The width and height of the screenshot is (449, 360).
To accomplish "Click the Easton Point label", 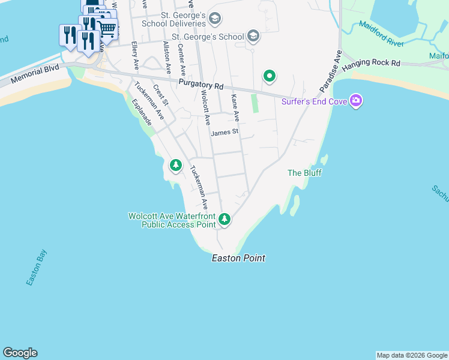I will pyautogui.click(x=238, y=259).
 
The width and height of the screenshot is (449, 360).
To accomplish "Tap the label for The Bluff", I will pyautogui.click(x=304, y=173).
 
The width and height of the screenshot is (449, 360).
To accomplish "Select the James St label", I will pyautogui.click(x=225, y=131).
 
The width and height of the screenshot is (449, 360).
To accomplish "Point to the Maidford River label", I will pyautogui.click(x=381, y=33).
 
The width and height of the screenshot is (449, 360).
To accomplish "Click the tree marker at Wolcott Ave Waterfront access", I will pyautogui.click(x=224, y=219).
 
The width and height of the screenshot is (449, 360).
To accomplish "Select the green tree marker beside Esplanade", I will pyautogui.click(x=175, y=164).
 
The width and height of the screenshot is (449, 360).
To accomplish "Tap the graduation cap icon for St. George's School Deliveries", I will pyautogui.click(x=215, y=19).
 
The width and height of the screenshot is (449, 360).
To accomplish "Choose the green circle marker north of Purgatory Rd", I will pyautogui.click(x=270, y=76).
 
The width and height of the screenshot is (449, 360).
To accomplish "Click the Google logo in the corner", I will pyautogui.click(x=20, y=353).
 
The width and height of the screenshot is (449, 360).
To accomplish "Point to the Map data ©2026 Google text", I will pyautogui.click(x=412, y=355).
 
